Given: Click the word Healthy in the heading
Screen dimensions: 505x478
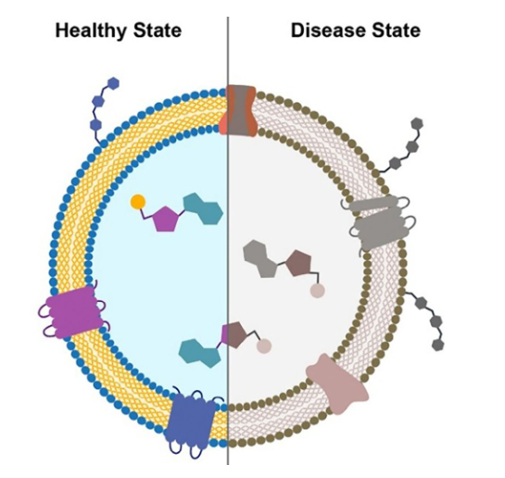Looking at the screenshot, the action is (x=92, y=31).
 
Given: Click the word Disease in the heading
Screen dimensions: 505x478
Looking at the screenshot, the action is (x=329, y=31).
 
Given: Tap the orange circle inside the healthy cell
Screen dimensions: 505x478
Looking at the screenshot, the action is (x=138, y=202).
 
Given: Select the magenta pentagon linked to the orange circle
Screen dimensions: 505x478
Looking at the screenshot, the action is (x=166, y=220).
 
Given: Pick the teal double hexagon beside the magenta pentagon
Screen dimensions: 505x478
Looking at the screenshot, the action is (x=203, y=208).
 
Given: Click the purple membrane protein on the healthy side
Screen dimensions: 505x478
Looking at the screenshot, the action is (x=73, y=312).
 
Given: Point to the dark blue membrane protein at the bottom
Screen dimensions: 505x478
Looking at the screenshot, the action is (x=191, y=421).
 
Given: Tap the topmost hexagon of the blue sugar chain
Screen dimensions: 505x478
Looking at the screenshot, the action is (x=113, y=83).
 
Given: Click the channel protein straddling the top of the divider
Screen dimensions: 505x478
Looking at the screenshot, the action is (x=239, y=110).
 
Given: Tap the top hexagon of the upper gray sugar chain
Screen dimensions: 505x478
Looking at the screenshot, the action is (x=417, y=123).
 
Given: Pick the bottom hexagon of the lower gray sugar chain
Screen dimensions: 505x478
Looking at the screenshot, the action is (x=437, y=345).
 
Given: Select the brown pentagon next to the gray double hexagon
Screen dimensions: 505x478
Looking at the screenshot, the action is (x=299, y=264).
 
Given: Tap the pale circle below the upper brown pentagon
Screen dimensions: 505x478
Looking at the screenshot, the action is (x=317, y=291).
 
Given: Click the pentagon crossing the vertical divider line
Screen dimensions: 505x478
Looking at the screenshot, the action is (x=234, y=334).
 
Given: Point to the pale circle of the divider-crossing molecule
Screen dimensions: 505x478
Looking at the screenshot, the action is (x=264, y=346).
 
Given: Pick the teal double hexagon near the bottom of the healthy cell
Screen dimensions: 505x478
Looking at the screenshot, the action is (x=200, y=353).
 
